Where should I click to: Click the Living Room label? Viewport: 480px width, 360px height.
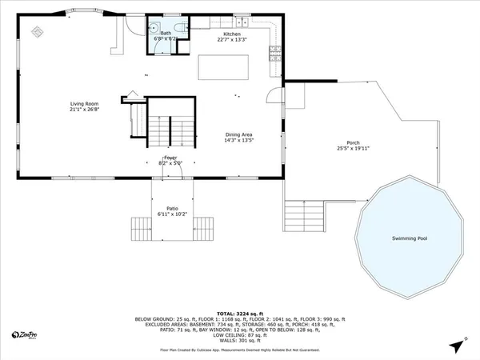click(x=84, y=103)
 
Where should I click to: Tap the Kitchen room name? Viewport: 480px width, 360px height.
click(x=232, y=34)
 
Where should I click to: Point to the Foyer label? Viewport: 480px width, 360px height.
click(x=170, y=158)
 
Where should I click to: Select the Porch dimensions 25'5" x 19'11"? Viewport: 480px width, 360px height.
click(x=353, y=148)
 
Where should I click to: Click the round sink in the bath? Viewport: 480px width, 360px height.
click(x=157, y=27)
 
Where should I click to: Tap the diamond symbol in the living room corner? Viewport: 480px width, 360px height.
click(x=36, y=32)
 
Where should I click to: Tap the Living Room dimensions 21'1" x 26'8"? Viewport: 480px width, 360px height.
click(x=84, y=110)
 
